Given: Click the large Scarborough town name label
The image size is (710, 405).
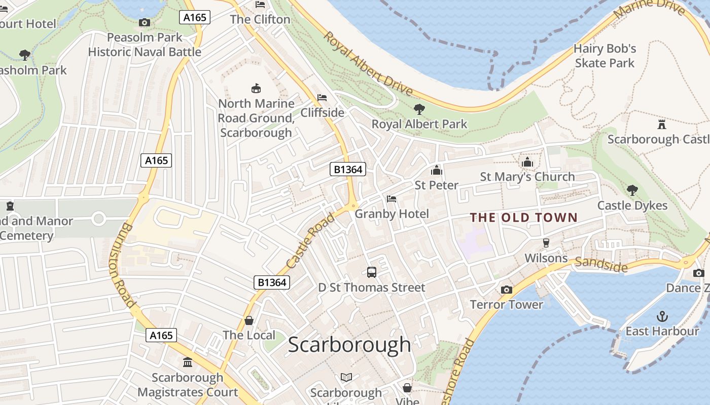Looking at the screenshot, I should tap(349, 345).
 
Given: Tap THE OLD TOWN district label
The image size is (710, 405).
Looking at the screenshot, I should tap(523, 218).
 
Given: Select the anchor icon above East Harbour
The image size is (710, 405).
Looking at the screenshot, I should tap(662, 316).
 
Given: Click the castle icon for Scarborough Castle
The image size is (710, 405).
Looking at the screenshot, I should tap(661, 124).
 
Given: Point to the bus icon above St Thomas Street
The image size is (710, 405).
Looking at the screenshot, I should tap(372, 272).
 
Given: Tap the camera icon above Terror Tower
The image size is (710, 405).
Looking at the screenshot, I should tap(506, 290).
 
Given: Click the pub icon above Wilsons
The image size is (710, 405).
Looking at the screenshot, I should tap(546, 243).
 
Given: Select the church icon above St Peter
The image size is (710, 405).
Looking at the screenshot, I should tap(436, 170).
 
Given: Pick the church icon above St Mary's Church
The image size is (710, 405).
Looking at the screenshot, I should tap(527, 162).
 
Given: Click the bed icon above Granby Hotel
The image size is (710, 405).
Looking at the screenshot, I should tap(392, 199).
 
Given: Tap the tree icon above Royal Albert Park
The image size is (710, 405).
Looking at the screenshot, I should tap(419, 109).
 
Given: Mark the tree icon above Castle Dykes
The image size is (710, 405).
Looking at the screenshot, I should tap(632, 190).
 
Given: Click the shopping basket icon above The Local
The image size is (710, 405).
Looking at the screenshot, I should tap(249, 320).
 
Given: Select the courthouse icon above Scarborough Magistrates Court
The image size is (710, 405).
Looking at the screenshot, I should tap(188, 362).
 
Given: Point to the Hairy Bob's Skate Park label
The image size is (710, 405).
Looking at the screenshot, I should tap(605, 56).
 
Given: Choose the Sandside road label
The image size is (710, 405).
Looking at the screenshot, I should tap(601, 264).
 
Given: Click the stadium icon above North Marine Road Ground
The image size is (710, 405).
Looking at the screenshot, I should tap(256, 89).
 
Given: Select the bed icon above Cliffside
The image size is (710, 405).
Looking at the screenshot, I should tap(322, 98).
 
